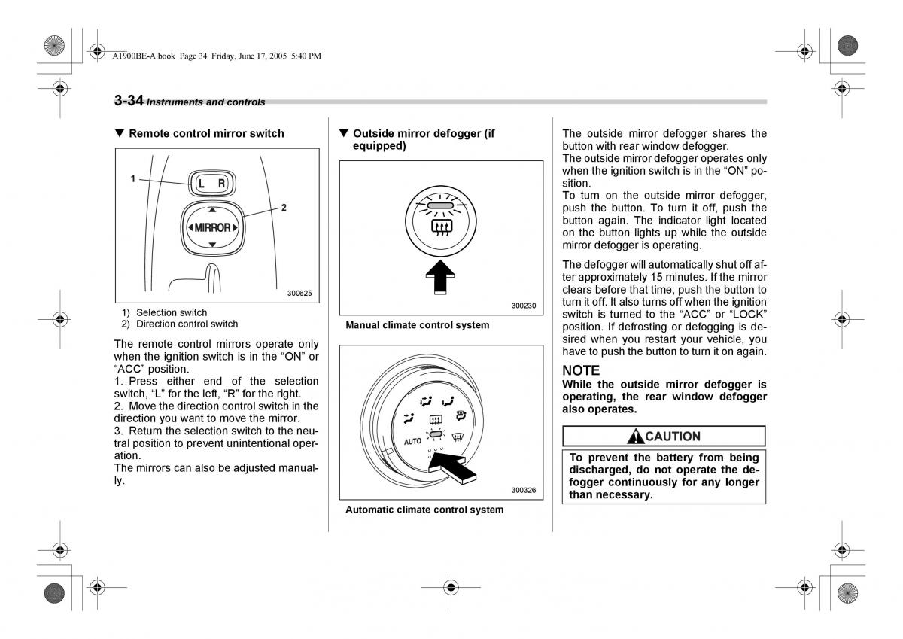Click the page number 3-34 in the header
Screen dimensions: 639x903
[129, 101]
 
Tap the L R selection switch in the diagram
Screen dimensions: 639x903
[211, 183]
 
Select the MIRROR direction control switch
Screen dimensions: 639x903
[212, 227]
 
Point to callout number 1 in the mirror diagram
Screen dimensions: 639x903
[132, 178]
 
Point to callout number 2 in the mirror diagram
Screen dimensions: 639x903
[284, 208]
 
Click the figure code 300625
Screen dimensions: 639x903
[299, 294]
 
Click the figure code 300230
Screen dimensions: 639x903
[523, 306]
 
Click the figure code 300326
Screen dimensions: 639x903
[523, 490]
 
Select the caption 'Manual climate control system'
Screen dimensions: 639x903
[417, 325]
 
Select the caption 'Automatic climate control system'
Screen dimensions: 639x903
[424, 510]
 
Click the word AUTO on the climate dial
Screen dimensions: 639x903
[412, 441]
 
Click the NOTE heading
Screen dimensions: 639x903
[581, 370]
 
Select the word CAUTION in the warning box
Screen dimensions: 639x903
[673, 437]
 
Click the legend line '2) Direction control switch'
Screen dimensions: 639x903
[180, 324]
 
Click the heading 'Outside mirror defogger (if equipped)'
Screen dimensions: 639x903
[423, 139]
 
